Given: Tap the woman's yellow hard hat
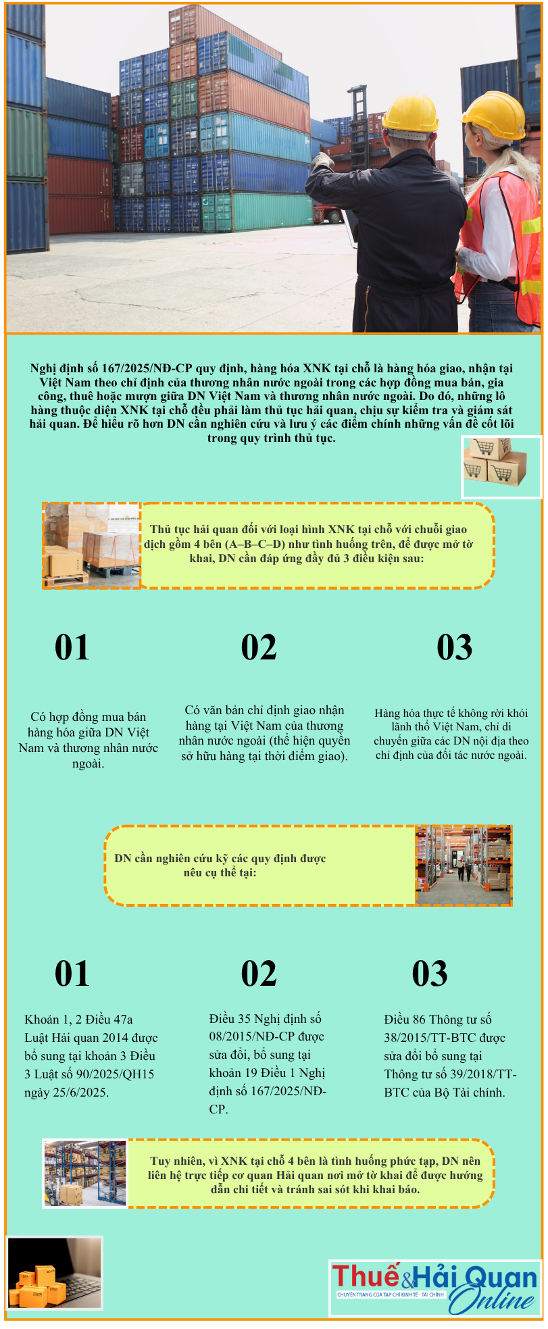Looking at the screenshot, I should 495,114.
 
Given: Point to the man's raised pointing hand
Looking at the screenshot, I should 322,161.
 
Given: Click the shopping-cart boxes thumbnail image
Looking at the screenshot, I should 501,466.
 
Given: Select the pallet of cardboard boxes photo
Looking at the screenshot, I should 92,545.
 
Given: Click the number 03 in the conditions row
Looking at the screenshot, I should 454,647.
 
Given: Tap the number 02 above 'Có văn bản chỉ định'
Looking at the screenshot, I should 259,647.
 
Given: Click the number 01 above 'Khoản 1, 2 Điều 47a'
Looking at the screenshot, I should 72,974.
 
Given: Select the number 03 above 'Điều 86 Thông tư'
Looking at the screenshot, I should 430,974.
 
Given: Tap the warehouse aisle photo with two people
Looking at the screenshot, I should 464,866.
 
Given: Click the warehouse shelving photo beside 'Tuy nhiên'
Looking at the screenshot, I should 85,1174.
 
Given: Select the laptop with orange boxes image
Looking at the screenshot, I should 54,1273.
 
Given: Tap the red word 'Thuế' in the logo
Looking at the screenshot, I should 366,1276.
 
